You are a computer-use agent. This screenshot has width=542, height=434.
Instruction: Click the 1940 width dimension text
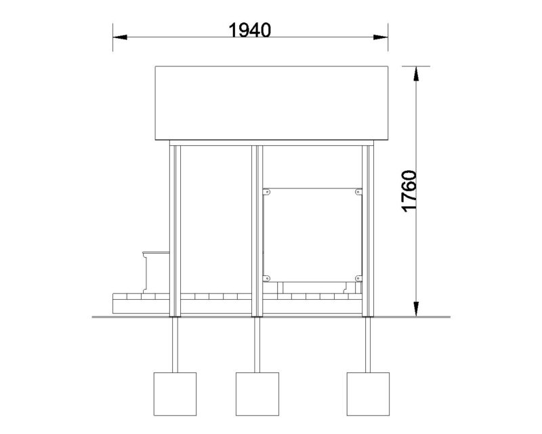[250, 30]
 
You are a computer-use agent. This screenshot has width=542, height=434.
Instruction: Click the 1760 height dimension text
[410, 191]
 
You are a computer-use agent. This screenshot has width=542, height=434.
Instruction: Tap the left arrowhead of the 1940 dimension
[120, 37]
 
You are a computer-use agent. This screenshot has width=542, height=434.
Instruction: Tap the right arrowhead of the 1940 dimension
[381, 37]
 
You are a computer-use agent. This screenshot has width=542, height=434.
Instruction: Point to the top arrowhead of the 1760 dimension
[416, 73]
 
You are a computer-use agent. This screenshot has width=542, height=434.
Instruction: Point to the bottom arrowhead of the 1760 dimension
[416, 309]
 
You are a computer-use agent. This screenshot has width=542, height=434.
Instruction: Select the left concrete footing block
[175, 394]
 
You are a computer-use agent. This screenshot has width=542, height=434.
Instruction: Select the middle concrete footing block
[257, 394]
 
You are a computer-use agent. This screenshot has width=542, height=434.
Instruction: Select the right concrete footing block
[368, 394]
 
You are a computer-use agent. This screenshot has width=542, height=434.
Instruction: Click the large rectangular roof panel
[272, 103]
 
